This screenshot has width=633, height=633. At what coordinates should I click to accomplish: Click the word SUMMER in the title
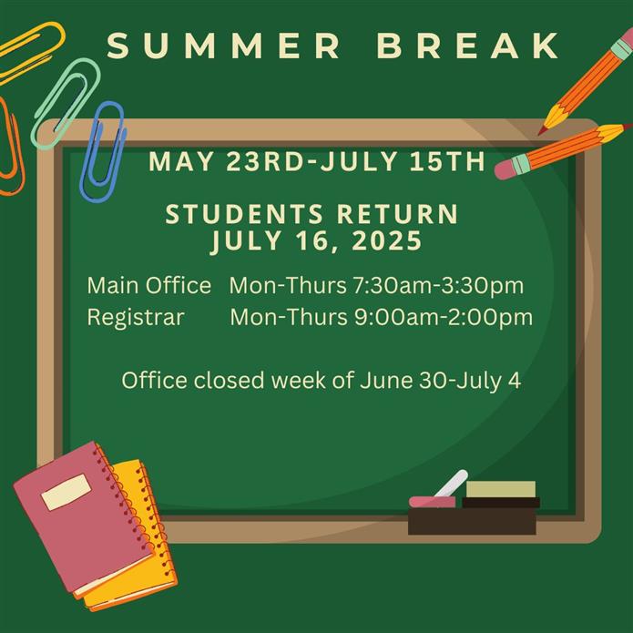click(x=224, y=46)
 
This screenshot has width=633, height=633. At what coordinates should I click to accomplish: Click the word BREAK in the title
click(x=468, y=46)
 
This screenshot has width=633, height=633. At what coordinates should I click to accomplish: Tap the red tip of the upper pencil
click(x=541, y=131)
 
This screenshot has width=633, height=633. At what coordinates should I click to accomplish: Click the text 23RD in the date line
click(x=264, y=161)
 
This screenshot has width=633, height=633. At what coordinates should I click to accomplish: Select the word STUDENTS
click(x=244, y=214)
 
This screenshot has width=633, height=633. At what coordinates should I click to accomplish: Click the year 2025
click(x=387, y=241)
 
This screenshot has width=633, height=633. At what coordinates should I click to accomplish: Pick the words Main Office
click(x=149, y=285)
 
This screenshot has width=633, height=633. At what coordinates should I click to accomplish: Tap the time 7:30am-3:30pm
click(x=438, y=285)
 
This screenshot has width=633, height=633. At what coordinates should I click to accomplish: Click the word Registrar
click(x=136, y=317)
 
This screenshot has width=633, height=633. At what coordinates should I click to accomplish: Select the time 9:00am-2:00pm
click(x=444, y=317)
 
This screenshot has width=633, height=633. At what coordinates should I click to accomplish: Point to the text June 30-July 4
click(x=440, y=381)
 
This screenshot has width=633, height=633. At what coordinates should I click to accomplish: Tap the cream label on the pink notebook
click(x=66, y=492)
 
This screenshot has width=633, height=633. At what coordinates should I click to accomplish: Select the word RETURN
click(x=398, y=214)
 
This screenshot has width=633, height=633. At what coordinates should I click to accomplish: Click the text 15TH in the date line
click(x=447, y=161)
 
